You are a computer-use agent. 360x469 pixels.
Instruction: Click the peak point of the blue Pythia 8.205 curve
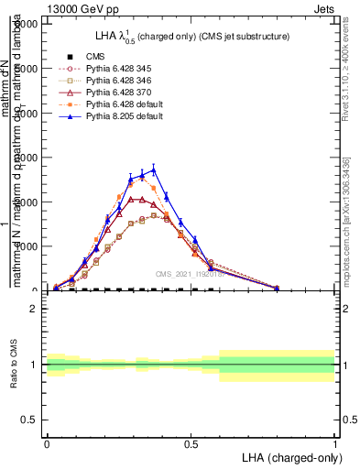154,169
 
